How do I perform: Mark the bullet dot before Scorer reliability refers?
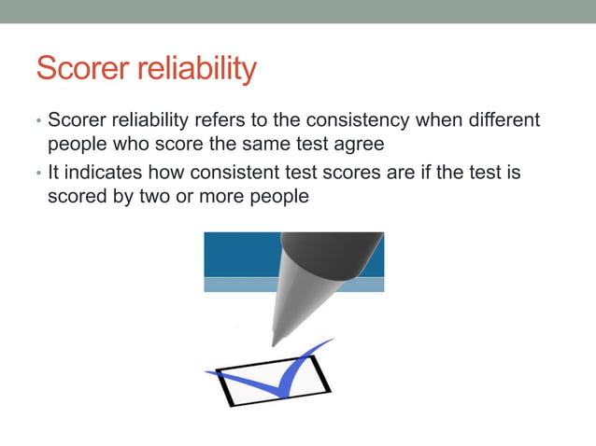38,122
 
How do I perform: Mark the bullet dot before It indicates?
38,174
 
